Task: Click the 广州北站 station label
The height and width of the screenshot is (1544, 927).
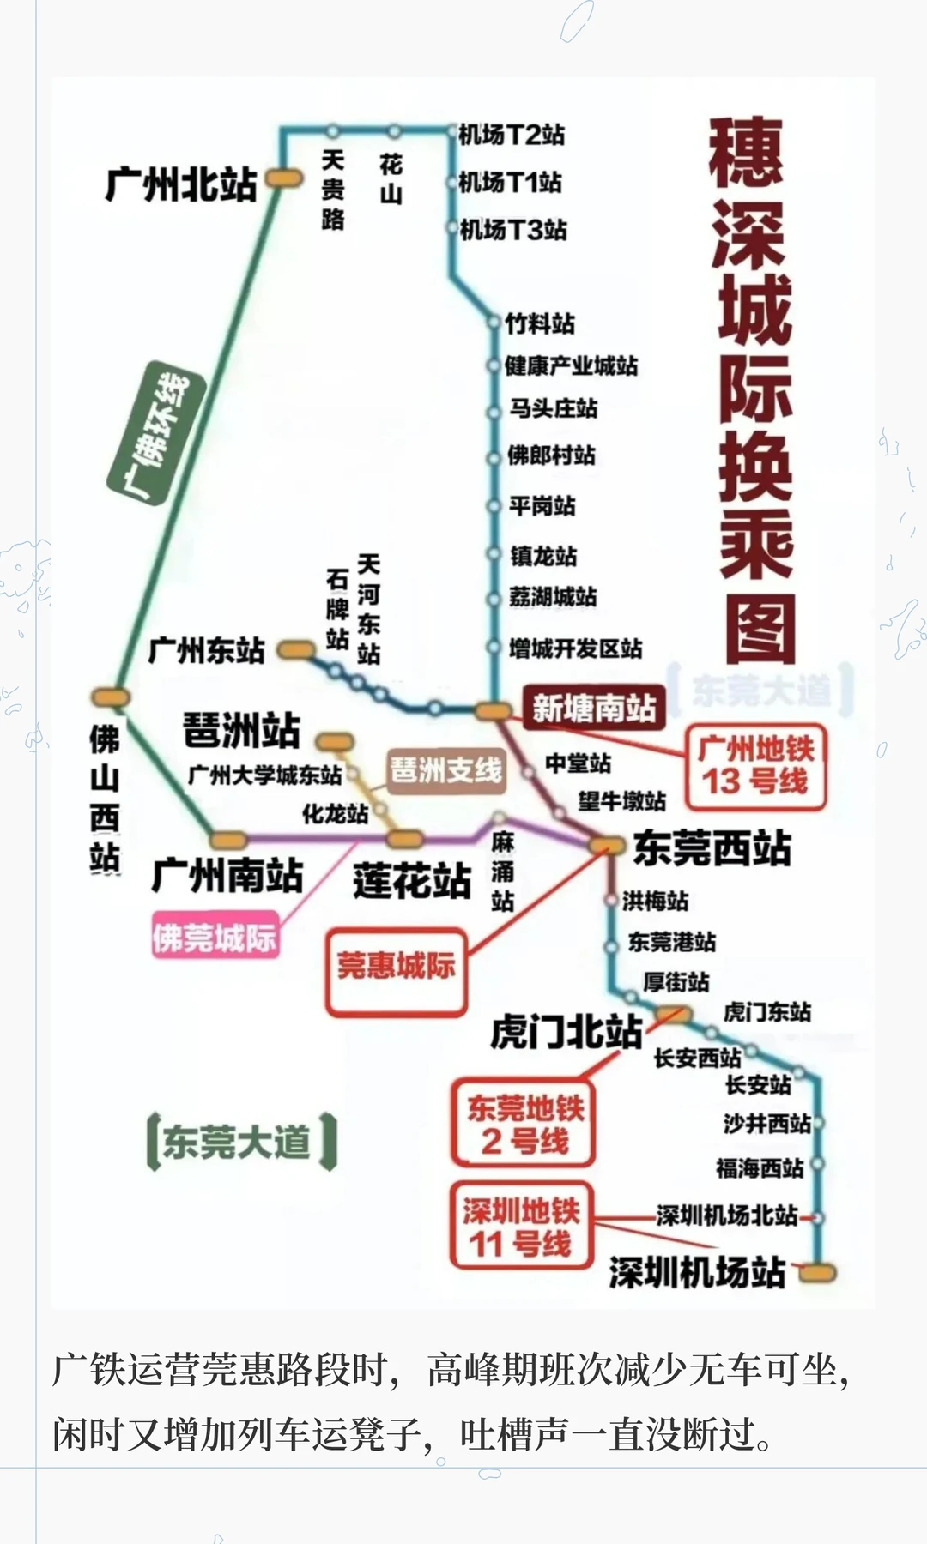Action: pos(181,184)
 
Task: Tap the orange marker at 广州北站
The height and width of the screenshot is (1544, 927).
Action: pos(284,178)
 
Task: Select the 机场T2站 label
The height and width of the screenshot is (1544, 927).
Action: pos(512,135)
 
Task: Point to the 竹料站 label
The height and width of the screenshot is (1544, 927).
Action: pos(540,323)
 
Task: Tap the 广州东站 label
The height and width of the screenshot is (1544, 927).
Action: pos(206,650)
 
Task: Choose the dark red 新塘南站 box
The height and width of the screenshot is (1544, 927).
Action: pos(594,708)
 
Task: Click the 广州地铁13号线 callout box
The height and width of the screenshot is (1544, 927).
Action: pos(755,765)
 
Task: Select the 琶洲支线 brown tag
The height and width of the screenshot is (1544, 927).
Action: pos(445,769)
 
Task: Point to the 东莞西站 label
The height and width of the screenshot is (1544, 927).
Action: pos(712,847)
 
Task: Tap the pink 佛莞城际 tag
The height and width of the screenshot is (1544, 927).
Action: pos(215,937)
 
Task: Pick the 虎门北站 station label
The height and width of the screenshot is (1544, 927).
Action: pos(566,1032)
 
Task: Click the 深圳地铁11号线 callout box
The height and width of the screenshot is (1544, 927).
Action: pos(521,1227)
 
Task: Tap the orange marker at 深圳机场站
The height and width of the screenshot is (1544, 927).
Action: pos(817,1272)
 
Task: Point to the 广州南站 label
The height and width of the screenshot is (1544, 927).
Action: pos(227,876)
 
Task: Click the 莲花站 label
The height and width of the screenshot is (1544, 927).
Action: pos(412,881)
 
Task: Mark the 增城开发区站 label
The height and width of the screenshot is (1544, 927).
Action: pos(575,648)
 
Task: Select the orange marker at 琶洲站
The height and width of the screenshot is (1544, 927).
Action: pos(334,741)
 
